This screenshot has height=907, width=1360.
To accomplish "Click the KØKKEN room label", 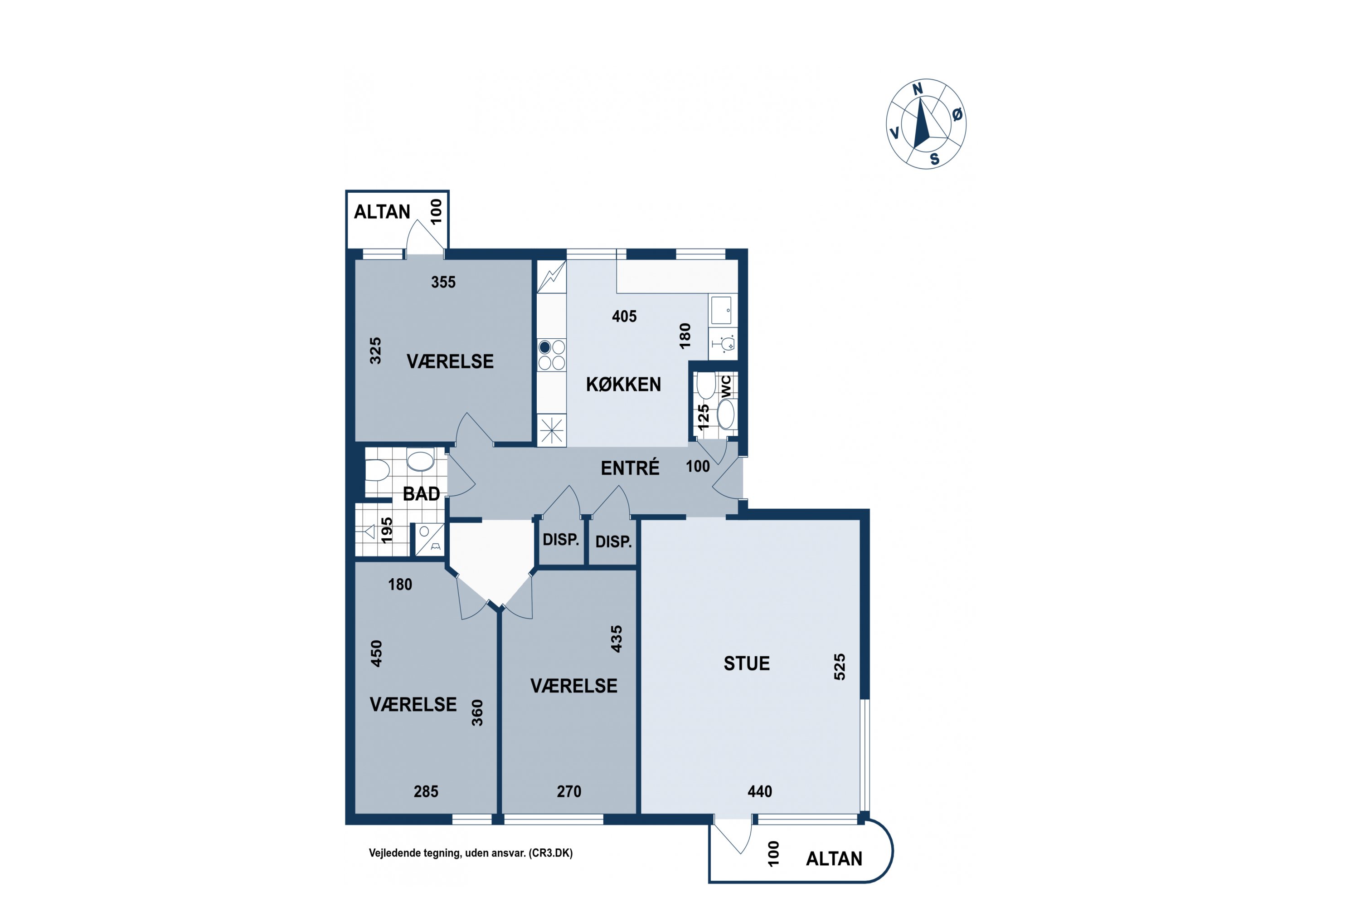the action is [623, 384].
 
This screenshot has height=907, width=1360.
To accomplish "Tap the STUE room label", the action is [747, 663].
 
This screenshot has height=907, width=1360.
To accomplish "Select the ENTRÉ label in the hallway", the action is [630, 468].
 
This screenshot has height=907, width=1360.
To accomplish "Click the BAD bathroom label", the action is [422, 493].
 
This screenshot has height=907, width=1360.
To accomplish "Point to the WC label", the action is [726, 386].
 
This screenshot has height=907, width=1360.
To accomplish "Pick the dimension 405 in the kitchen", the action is [625, 317].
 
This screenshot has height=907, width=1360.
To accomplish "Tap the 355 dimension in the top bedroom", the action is [443, 282].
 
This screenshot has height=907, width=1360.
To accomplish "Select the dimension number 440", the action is [760, 791].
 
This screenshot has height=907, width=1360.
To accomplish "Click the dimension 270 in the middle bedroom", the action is [569, 791].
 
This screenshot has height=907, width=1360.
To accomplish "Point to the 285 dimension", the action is [426, 791].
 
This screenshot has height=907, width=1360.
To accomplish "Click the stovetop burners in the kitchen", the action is [552, 355].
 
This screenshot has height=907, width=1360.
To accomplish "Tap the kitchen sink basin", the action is [721, 310].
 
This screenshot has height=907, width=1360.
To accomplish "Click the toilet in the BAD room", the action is [377, 470].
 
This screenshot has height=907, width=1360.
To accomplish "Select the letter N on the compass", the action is [918, 89].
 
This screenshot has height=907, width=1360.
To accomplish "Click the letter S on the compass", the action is [934, 159].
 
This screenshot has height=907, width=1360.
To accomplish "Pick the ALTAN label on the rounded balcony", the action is [834, 858].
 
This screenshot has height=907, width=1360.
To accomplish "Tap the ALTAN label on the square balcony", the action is [382, 212].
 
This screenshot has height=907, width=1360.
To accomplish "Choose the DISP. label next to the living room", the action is [613, 542].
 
